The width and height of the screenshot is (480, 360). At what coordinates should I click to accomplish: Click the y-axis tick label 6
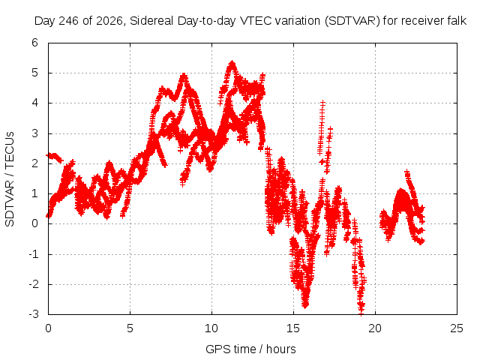[34, 43]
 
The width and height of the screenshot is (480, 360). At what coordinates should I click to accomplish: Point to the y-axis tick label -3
[34, 314]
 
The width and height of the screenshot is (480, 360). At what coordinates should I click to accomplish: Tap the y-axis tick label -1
[34, 253]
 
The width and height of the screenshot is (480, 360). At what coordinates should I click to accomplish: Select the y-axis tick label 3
[34, 133]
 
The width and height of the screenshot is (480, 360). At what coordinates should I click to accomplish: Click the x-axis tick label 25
[457, 328]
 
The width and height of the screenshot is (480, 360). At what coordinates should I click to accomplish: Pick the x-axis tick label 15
[293, 328]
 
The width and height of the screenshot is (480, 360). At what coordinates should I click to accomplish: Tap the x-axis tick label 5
[130, 328]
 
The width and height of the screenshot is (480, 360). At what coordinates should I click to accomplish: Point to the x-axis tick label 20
[375, 328]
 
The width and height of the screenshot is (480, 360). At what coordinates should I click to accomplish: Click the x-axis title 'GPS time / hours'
[250, 349]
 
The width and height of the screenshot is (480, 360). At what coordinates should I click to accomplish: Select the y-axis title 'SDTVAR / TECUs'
[10, 179]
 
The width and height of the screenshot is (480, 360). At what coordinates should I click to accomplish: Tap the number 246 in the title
[68, 21]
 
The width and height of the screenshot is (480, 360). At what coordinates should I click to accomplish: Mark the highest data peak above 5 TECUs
[232, 63]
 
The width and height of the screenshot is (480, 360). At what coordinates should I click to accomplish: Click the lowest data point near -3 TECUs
[361, 313]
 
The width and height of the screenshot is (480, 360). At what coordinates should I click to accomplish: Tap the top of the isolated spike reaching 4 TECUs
[322, 102]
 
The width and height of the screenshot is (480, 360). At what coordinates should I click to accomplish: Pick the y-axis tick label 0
[34, 223]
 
